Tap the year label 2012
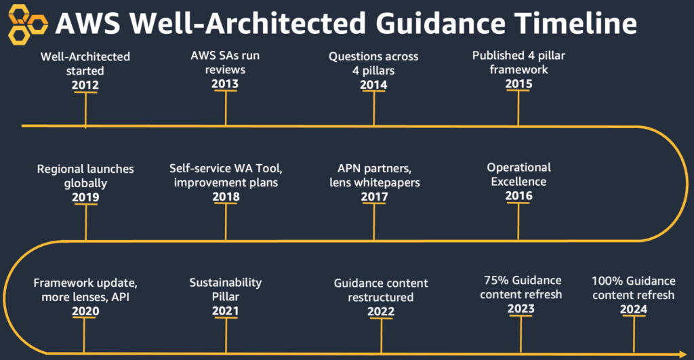[x=85, y=85]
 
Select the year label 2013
[x=226, y=84]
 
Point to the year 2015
[x=519, y=84]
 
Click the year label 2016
[x=519, y=196]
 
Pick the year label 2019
[x=85, y=197]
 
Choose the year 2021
[x=225, y=310]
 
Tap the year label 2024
[x=633, y=310]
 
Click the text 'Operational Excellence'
[x=519, y=174]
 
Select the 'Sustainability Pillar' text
[x=225, y=289]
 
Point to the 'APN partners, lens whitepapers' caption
[x=374, y=176]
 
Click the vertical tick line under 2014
[x=374, y=108]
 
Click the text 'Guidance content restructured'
[x=381, y=290]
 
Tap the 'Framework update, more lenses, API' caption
[x=81, y=290]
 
